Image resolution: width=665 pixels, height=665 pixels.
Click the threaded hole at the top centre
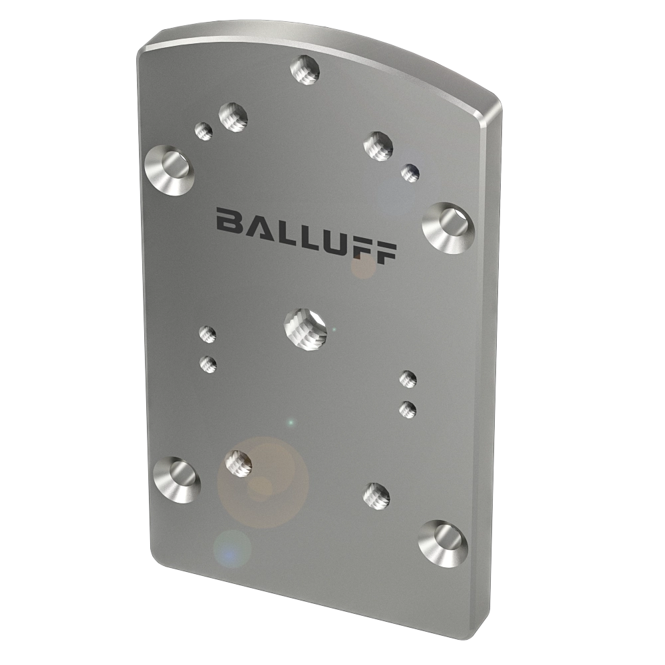(305, 70)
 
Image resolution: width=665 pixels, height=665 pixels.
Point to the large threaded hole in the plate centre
(305, 329)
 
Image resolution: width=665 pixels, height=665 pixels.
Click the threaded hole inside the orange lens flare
(238, 462)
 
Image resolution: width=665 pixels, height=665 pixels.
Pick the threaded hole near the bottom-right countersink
(376, 496)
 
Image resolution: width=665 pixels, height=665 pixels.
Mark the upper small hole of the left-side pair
(208, 334)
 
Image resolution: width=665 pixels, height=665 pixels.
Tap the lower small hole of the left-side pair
(208, 364)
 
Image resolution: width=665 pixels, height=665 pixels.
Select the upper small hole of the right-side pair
(408, 379)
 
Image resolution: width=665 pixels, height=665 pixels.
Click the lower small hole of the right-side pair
(408, 409)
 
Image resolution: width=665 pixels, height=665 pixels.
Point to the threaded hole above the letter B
(233, 118)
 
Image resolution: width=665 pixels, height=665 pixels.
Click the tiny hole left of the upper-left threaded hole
(203, 131)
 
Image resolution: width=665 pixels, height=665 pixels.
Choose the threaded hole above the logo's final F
(379, 146)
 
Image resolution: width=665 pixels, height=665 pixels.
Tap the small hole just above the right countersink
(410, 173)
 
